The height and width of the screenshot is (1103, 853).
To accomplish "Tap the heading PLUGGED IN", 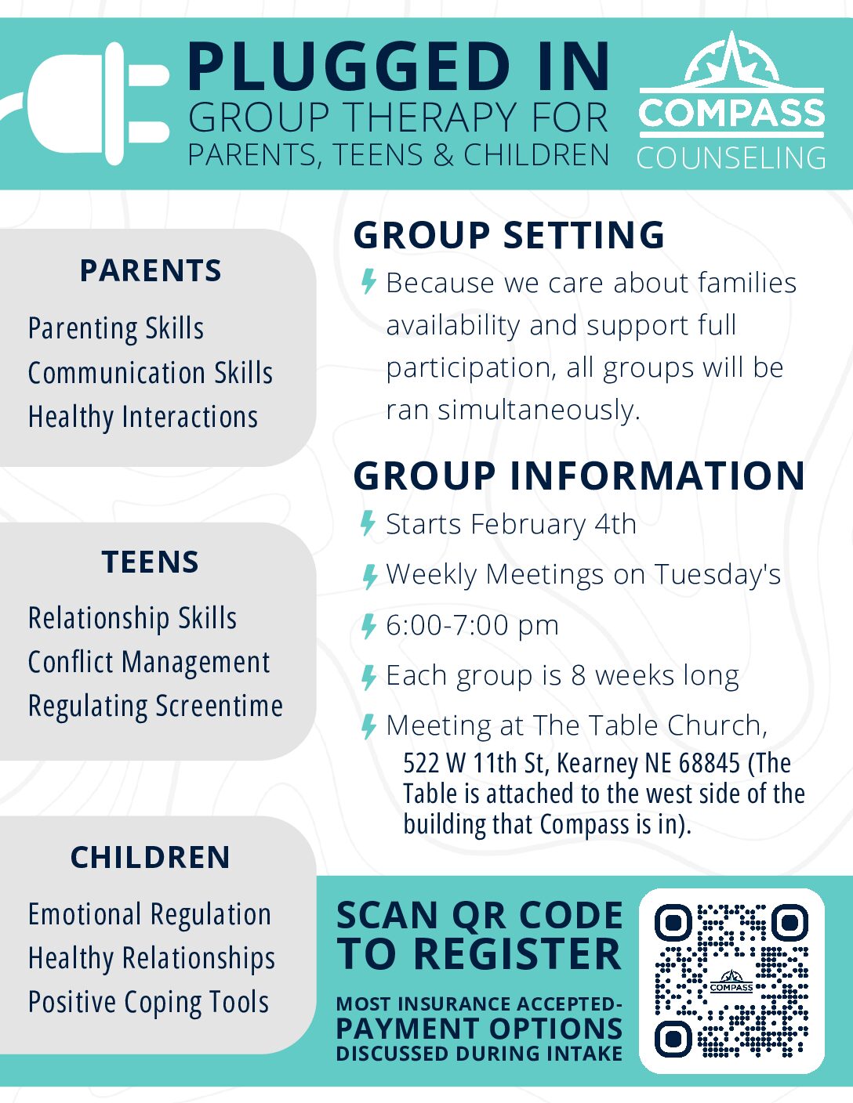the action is (399, 67).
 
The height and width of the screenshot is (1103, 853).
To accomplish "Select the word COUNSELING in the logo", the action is (731, 157).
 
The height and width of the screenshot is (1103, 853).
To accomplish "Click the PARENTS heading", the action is (151, 270).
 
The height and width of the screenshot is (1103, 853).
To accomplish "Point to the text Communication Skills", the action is (151, 373).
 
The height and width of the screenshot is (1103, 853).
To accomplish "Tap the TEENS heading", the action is (151, 562).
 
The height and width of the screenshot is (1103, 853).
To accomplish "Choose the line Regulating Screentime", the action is (155, 706).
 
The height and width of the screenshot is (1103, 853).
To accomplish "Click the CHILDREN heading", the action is (151, 857).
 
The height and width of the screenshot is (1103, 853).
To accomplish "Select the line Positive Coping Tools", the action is (148, 1003).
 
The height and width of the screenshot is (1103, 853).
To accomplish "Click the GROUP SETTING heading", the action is (509, 235).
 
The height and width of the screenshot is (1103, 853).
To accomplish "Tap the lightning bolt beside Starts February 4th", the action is (368, 523).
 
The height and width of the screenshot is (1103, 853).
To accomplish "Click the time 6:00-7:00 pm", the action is (473, 625).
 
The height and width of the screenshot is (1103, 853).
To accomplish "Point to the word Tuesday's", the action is (717, 574).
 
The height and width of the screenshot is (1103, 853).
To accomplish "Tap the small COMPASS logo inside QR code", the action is (731, 981).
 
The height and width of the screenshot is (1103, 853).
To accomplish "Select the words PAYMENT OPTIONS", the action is (479, 1028).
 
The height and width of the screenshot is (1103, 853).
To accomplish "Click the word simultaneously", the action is (539, 410).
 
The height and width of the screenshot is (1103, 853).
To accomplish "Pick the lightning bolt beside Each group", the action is (368, 677).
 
